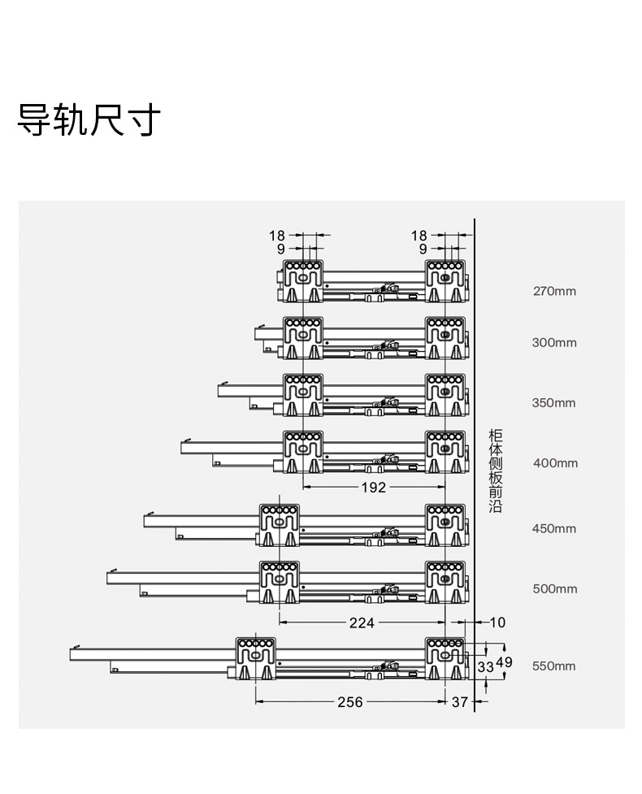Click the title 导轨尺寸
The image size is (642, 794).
pyautogui.click(x=89, y=120)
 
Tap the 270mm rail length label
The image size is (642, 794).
pyautogui.click(x=554, y=291)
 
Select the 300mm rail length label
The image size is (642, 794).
pyautogui.click(x=554, y=343)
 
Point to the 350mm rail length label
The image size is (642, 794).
pyautogui.click(x=554, y=403)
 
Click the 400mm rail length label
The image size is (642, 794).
pyautogui.click(x=555, y=463)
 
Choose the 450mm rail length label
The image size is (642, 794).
pyautogui.click(x=554, y=529)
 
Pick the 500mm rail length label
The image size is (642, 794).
pyautogui.click(x=555, y=589)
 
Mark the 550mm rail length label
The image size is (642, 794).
pyautogui.click(x=554, y=666)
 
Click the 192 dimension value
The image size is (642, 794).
pyautogui.click(x=374, y=488)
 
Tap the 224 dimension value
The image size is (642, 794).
pyautogui.click(x=362, y=623)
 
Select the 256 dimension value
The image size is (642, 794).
pyautogui.click(x=350, y=702)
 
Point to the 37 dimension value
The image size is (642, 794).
pyautogui.click(x=460, y=702)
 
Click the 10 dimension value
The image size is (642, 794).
pyautogui.click(x=497, y=623)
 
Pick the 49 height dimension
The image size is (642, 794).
pyautogui.click(x=505, y=662)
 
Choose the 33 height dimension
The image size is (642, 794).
pyautogui.click(x=485, y=667)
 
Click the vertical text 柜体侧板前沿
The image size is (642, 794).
pyautogui.click(x=495, y=471)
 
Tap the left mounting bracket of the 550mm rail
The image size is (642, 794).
pyautogui.click(x=256, y=657)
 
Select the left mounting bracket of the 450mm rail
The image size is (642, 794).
pyautogui.click(x=280, y=525)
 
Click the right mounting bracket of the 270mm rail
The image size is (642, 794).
pyautogui.click(x=445, y=281)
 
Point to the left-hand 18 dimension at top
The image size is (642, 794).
pyautogui.click(x=277, y=236)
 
